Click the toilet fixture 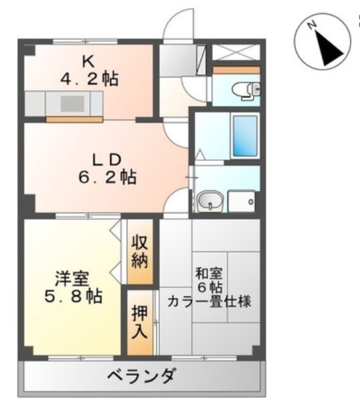(x=246, y=90)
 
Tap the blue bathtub (x=245, y=136)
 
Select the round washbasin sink (x=210, y=201)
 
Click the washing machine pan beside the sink (x=242, y=201)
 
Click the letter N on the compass (x=311, y=25)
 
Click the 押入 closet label (x=140, y=322)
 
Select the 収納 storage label (x=140, y=252)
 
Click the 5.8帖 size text (x=73, y=296)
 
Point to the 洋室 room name (x=72, y=279)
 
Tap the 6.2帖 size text (x=107, y=177)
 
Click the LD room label (x=107, y=160)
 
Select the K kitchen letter (x=89, y=61)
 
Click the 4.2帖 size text (x=89, y=79)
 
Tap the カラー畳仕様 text (x=209, y=301)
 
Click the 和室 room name (x=209, y=273)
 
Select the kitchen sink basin (x=72, y=103)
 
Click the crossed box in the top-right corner (x=236, y=52)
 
